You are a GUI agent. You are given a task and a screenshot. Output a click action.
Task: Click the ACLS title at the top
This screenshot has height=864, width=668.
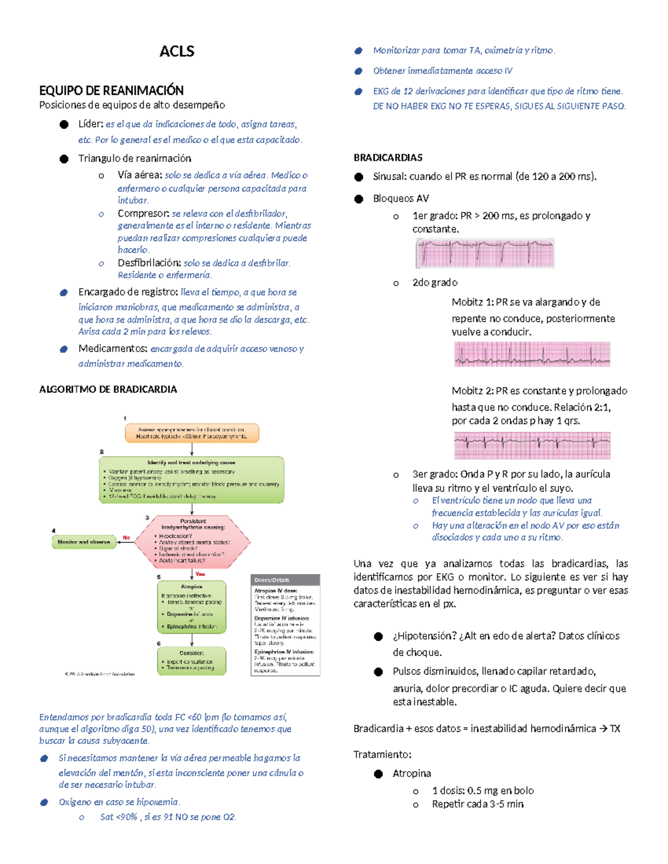(x=176, y=51)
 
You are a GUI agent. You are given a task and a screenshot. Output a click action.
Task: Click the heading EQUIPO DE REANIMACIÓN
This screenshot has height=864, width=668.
(x=111, y=90)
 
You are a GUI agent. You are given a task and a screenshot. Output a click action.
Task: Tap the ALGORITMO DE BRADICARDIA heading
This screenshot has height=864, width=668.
(x=108, y=389)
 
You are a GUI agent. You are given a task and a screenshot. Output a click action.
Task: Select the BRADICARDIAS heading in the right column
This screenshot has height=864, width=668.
(x=388, y=158)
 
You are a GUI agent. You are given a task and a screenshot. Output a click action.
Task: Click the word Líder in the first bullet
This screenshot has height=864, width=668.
(x=90, y=124)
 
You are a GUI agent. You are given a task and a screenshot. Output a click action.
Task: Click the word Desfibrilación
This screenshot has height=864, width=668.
(x=149, y=263)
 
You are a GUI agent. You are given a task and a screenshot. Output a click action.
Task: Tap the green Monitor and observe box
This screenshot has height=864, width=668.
(x=83, y=542)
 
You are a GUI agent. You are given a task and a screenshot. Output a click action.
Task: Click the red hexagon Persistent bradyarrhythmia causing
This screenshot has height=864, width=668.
(x=193, y=541)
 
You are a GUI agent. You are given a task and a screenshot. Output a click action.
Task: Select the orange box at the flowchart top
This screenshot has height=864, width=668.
(x=191, y=433)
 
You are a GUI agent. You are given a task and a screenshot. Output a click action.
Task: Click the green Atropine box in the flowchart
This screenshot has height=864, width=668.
(x=191, y=607)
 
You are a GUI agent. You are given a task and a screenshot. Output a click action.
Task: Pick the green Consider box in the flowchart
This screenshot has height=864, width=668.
(x=191, y=660)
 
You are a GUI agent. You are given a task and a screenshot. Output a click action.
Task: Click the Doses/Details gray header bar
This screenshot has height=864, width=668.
(x=286, y=580)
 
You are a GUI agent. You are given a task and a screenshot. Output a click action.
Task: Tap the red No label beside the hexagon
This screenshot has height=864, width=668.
(x=126, y=537)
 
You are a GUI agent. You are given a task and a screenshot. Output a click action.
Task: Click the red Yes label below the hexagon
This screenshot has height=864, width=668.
(x=200, y=574)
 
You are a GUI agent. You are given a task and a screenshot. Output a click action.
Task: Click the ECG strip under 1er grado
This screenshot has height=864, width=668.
(x=485, y=253)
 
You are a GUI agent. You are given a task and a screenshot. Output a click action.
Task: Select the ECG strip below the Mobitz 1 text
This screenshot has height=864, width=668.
(x=532, y=354)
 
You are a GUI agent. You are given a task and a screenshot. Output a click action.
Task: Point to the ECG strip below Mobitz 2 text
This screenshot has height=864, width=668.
(x=532, y=445)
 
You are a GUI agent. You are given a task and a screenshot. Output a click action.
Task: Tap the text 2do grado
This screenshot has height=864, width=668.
(x=435, y=283)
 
